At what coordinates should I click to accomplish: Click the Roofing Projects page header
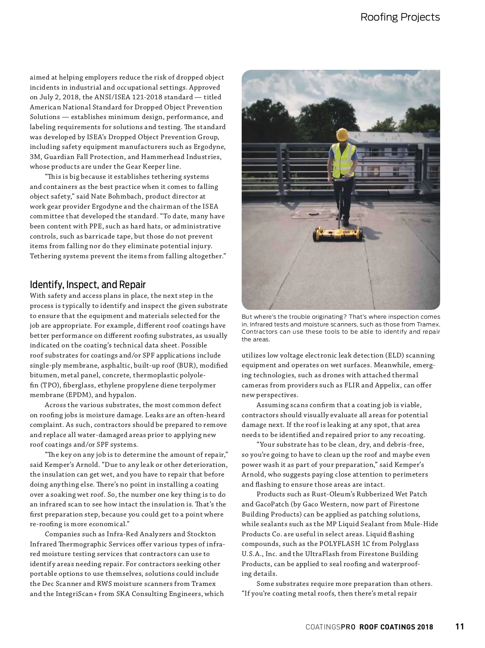click(x=400, y=17)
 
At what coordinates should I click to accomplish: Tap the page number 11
click(x=460, y=627)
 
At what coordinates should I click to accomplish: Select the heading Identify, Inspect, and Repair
click(x=88, y=284)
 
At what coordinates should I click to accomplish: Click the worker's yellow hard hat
click(x=343, y=134)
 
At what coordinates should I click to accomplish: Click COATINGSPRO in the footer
click(x=330, y=627)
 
